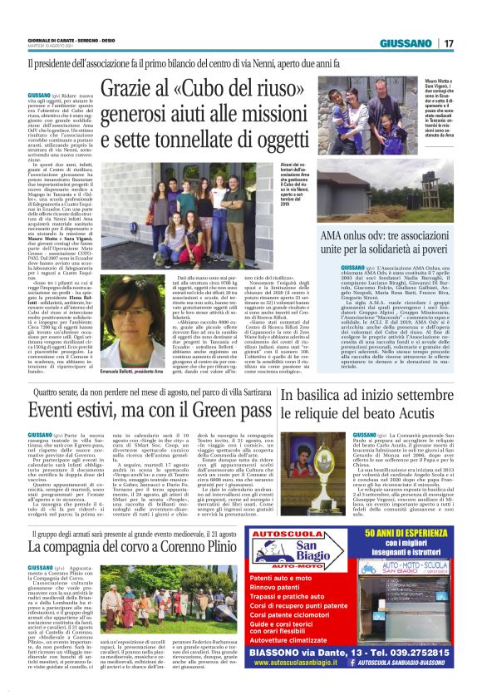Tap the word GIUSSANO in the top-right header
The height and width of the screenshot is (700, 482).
[x=408, y=44]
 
